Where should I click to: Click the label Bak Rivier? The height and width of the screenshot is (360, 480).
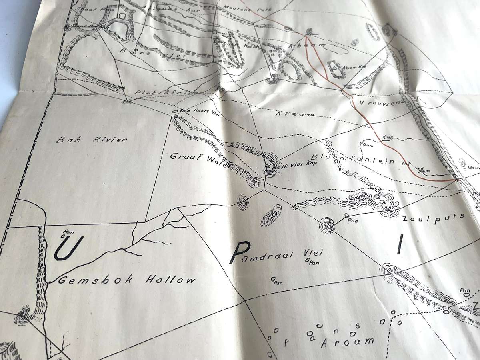pyautogui.click(x=92, y=140)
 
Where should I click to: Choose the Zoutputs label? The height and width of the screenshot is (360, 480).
pyautogui.click(x=433, y=218)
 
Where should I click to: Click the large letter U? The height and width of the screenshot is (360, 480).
pyautogui.click(x=69, y=248)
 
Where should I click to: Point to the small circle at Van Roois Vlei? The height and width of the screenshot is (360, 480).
pyautogui.click(x=174, y=111)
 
